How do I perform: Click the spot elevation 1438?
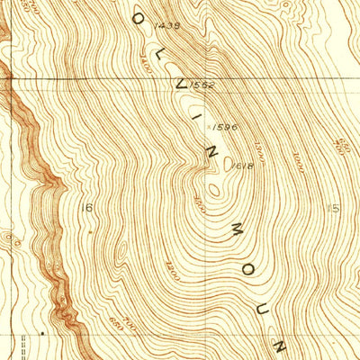(x=168, y=27)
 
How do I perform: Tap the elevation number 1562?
(x=207, y=85)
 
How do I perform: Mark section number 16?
(x=86, y=208)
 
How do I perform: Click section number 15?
(x=336, y=209)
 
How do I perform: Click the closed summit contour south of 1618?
(x=214, y=189)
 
